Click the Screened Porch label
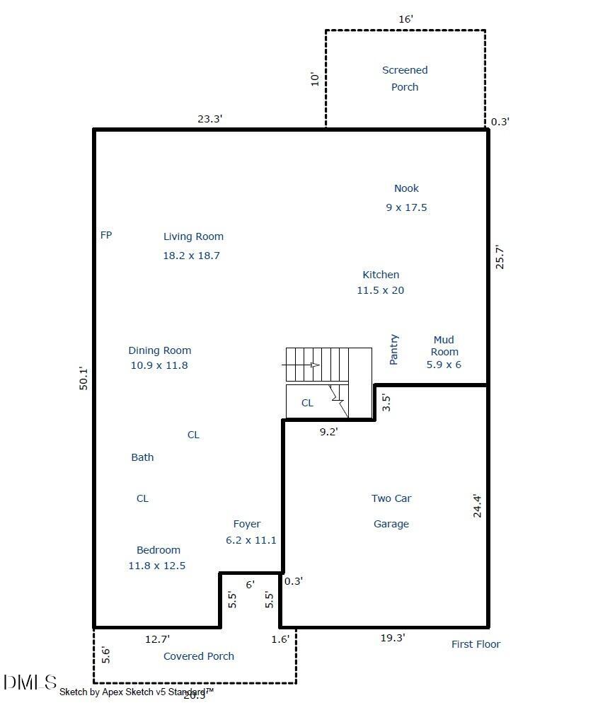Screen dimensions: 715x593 pyautogui.click(x=405, y=79)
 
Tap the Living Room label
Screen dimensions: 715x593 pyautogui.click(x=193, y=236)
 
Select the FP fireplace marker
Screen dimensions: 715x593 pyautogui.click(x=106, y=235)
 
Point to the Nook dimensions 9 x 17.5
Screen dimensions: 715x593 pyautogui.click(x=406, y=207)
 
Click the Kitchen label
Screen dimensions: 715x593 pyautogui.click(x=381, y=275)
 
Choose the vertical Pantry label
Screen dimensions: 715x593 pyautogui.click(x=394, y=350)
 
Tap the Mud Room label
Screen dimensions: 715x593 pyautogui.click(x=444, y=346)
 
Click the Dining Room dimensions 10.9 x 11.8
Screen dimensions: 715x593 pyautogui.click(x=159, y=365)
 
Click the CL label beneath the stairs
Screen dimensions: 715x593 pyautogui.click(x=307, y=403)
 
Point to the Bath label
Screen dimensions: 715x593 pyautogui.click(x=142, y=457)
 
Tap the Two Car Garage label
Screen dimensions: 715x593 pyautogui.click(x=391, y=511)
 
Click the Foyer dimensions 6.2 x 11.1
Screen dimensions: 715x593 pyautogui.click(x=246, y=540)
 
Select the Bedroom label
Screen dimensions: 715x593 pyautogui.click(x=159, y=550)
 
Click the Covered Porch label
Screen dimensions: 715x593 pyautogui.click(x=199, y=656)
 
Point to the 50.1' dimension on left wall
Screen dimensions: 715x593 pyautogui.click(x=84, y=378)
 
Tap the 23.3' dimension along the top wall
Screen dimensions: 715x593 pyautogui.click(x=210, y=120)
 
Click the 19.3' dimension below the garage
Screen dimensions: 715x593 pyautogui.click(x=393, y=638)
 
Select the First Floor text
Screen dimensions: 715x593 pyautogui.click(x=476, y=644)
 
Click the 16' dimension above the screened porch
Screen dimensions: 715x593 pyautogui.click(x=405, y=19)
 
